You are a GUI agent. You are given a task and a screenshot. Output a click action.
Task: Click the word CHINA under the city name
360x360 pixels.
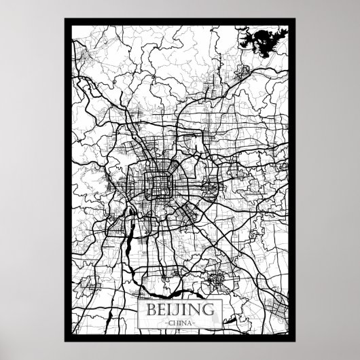pos(179,323)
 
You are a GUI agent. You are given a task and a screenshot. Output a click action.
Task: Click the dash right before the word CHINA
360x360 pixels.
pos(166,323)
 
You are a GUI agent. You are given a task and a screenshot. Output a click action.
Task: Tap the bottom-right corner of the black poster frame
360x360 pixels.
pos(294,341)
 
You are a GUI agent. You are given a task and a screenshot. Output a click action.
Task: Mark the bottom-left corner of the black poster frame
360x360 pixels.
pos(66,341)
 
